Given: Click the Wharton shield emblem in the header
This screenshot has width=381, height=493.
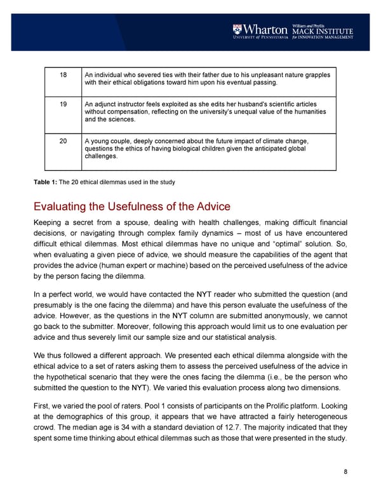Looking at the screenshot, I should click(237, 29).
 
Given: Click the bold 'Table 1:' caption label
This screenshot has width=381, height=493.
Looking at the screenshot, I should click(45, 183).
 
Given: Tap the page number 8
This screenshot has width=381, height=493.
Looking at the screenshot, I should click(344, 471).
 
